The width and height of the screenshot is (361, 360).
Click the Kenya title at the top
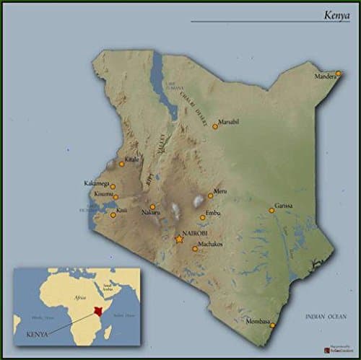tap(336, 14)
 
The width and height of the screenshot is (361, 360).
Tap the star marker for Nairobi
tap(179, 239)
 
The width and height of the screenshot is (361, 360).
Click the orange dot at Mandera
tap(338, 73)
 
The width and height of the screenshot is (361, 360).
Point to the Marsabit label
tap(228, 121)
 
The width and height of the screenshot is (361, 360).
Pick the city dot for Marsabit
tap(215, 126)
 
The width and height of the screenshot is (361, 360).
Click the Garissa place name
tap(284, 206)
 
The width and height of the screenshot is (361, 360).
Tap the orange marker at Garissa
tap(271, 211)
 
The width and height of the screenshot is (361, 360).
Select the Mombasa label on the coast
tap(258, 321)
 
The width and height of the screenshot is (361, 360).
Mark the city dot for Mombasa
tap(272, 325)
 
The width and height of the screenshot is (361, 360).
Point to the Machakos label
tap(210, 245)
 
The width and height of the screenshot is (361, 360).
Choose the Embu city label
tap(212, 213)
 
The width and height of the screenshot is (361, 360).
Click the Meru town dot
tap(210, 196)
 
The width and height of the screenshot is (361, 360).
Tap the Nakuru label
tap(150, 214)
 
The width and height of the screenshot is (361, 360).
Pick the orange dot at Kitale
tap(121, 164)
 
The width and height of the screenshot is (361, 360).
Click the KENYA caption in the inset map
tap(37, 335)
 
